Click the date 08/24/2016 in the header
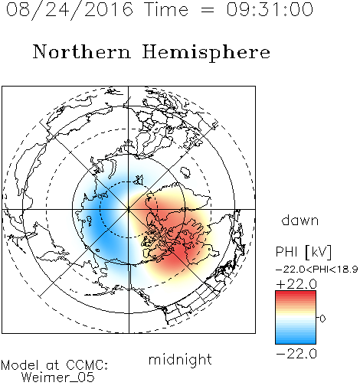[x=70, y=10]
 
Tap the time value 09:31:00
[x=270, y=10]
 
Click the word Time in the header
[x=166, y=10]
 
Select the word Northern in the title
[x=81, y=51]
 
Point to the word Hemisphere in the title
[x=206, y=53]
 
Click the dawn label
[x=300, y=220]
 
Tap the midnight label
[x=180, y=359]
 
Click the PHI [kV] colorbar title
[x=303, y=252]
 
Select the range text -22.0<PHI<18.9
[x=317, y=270]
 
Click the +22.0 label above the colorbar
[x=296, y=284]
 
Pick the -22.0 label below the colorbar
[x=296, y=354]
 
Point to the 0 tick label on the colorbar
[x=322, y=319]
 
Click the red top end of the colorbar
[x=296, y=293]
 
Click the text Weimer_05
[x=58, y=378]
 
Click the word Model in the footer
[x=20, y=365]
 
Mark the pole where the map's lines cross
[x=129, y=209]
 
